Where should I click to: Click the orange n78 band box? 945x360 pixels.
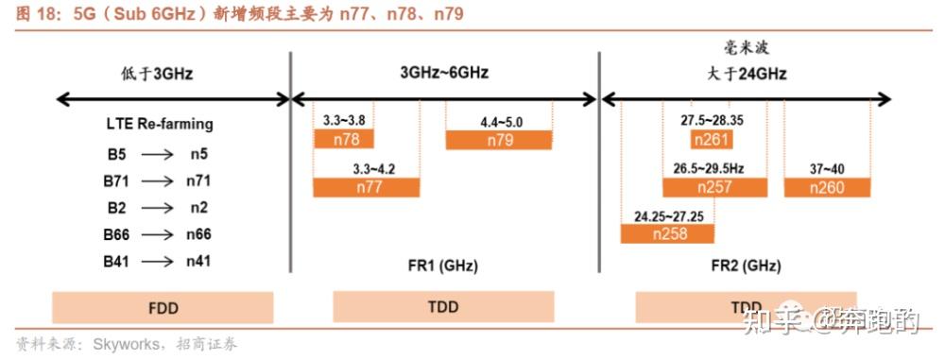click(343, 140)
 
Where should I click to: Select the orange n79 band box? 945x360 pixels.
click(499, 140)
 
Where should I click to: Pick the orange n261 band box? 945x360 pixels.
click(712, 140)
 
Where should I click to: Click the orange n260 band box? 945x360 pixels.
click(827, 187)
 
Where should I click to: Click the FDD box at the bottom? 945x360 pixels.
click(163, 308)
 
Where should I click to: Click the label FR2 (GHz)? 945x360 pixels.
click(746, 266)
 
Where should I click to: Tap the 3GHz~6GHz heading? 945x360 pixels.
click(444, 73)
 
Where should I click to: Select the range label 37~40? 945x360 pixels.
click(828, 169)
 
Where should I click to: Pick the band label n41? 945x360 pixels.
click(198, 261)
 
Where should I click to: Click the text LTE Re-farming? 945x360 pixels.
click(159, 124)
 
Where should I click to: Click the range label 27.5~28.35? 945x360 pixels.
click(712, 122)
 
